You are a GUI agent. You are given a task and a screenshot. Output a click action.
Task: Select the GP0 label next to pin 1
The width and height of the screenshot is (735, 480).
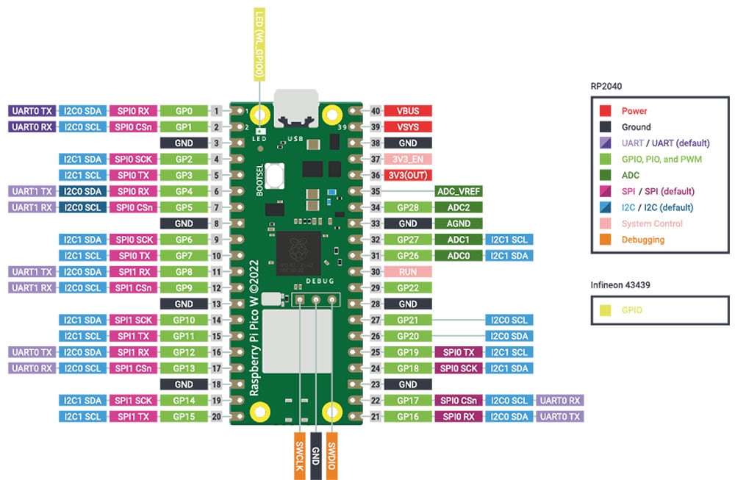point(184,111)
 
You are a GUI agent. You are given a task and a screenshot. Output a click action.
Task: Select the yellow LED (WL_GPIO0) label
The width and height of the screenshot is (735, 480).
point(259,44)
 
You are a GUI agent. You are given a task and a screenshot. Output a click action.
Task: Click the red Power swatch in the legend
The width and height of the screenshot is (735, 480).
point(605,111)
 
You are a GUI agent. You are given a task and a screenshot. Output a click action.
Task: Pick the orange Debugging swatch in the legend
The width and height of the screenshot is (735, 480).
point(605,240)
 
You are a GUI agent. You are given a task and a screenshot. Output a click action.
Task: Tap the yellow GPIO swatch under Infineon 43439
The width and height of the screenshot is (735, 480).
point(605,310)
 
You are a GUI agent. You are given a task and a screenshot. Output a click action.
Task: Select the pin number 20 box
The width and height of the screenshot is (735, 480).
point(217,416)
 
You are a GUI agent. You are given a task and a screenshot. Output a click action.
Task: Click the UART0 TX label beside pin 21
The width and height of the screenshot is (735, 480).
point(560,416)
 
